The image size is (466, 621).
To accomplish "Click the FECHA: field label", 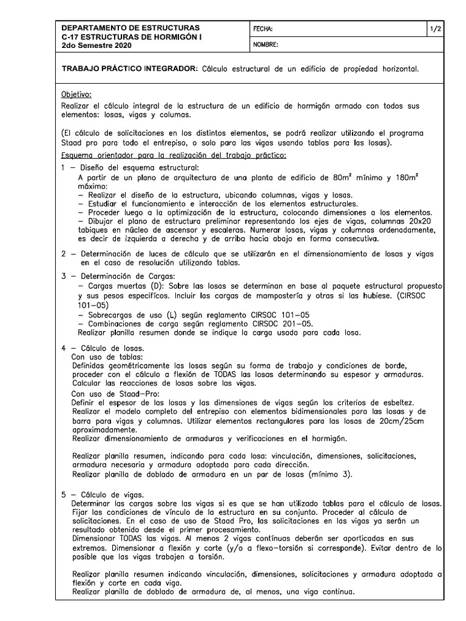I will click(263, 29).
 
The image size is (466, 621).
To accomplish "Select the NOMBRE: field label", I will click(265, 45).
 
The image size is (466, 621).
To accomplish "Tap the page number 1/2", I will click(435, 29).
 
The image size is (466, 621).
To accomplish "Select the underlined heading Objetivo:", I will click(76, 95).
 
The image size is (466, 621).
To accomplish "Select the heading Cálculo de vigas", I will click(110, 495).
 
